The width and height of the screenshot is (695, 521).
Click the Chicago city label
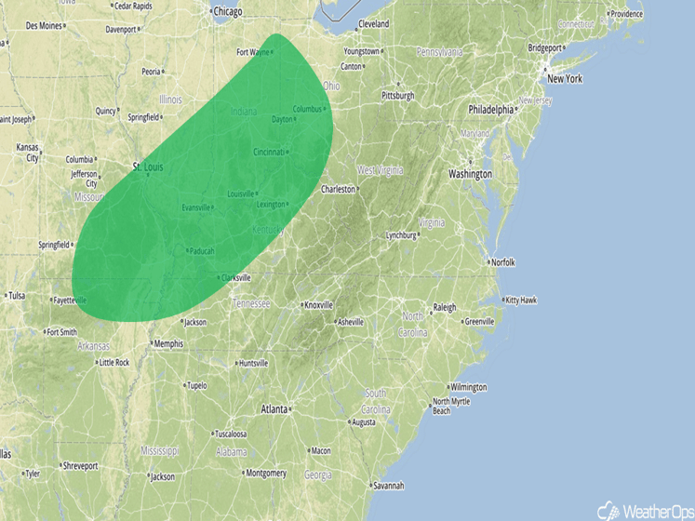(227, 12)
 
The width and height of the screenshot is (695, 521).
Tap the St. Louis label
(149, 167)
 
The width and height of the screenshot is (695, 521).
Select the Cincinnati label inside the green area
(268, 152)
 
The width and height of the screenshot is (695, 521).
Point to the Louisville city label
(240, 194)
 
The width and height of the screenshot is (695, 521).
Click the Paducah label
(201, 251)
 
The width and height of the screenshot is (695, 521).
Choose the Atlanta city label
(274, 408)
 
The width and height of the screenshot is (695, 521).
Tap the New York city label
(564, 79)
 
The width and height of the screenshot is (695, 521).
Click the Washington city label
(469, 174)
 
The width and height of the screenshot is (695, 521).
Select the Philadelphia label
(490, 109)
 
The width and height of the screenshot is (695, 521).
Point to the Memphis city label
(168, 343)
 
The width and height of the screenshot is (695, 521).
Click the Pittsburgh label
(397, 96)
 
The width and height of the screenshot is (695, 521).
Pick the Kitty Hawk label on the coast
(521, 300)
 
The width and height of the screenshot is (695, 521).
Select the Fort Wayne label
(253, 52)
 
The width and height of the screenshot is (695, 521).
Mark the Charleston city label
(339, 189)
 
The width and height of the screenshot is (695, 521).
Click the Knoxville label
(319, 305)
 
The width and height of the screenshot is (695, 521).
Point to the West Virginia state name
(379, 170)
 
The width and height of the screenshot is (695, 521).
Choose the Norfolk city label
(502, 262)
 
